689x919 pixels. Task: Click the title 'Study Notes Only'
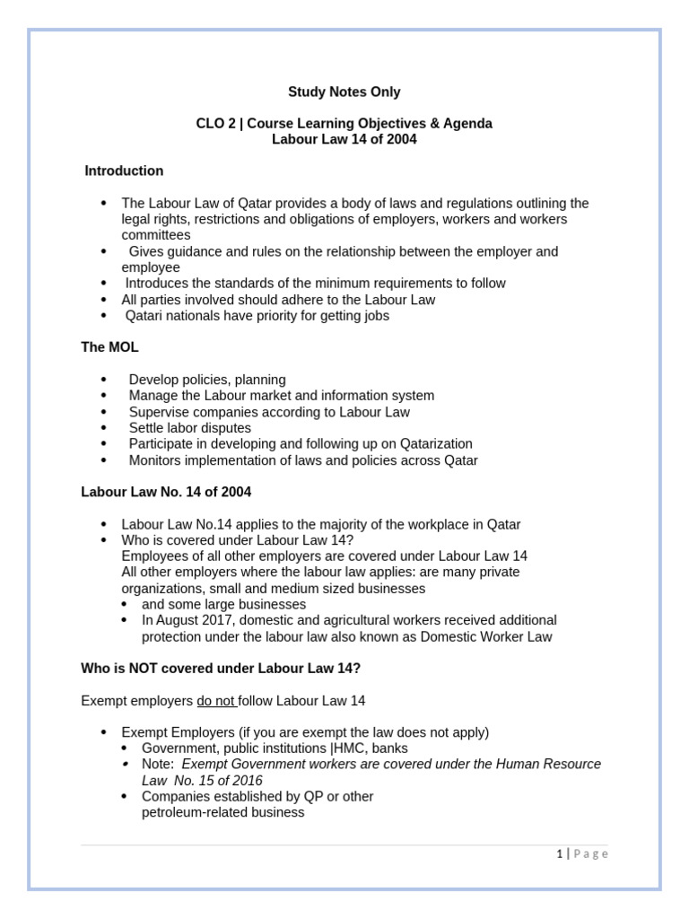344,92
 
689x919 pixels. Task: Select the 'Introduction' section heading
124,171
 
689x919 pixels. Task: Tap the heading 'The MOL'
109,346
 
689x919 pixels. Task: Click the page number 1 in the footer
559,853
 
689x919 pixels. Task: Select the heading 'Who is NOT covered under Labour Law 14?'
221,668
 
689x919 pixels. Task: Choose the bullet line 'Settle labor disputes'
189,428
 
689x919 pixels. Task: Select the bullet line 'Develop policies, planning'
207,380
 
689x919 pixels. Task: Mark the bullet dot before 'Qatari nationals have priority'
104,316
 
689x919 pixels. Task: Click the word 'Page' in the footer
590,853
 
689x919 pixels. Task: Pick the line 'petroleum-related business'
222,812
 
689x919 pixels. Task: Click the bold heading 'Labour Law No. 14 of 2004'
166,492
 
